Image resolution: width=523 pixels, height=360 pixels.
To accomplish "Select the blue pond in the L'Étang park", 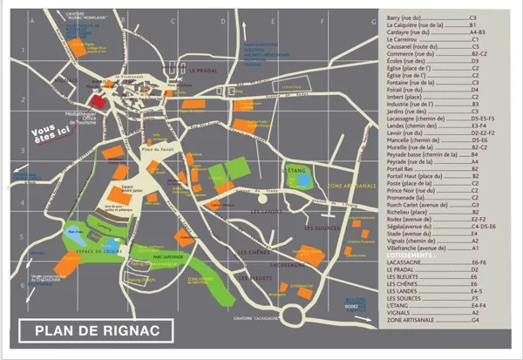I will click(302, 180).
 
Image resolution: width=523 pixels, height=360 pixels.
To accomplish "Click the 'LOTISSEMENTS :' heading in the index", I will click(413, 255).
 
